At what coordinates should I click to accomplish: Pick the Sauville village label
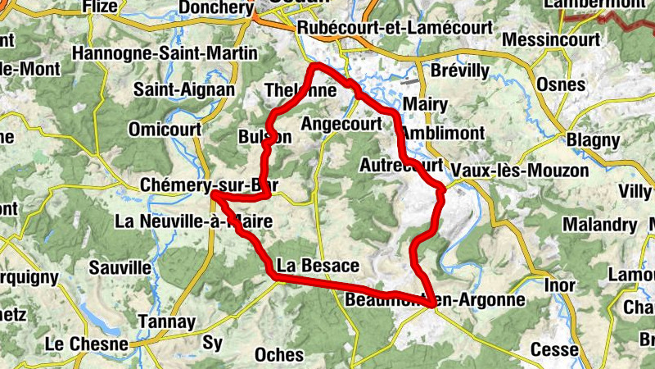click(120, 267)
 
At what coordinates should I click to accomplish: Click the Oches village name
click(279, 355)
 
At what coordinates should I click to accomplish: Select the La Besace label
click(318, 266)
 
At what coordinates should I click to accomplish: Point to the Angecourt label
click(342, 124)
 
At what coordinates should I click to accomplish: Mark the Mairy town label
click(426, 104)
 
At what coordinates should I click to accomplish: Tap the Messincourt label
click(553, 39)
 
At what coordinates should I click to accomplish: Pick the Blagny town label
click(593, 139)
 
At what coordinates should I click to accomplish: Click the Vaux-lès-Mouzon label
click(520, 171)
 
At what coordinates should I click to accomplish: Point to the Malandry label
click(599, 225)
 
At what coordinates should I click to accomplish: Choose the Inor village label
click(559, 285)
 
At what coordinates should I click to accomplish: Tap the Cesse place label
click(554, 349)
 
